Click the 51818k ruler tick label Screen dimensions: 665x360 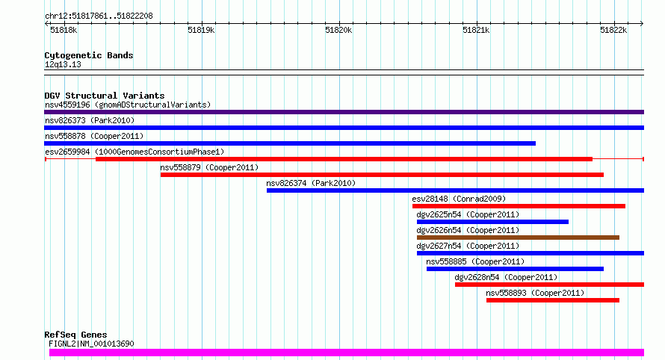tap(64, 30)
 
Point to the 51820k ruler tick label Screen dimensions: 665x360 tap(338, 30)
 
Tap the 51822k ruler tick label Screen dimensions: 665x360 tap(613, 30)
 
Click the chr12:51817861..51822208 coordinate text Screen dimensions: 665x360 tap(99, 16)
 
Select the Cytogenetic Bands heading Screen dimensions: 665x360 tap(89, 55)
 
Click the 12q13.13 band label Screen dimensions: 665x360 tap(63, 65)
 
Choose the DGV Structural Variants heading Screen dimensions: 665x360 tap(105, 96)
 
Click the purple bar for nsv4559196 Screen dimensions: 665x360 tap(344, 112)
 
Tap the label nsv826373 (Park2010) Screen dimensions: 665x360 tap(90, 120)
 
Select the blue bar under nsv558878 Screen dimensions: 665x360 tap(290, 143)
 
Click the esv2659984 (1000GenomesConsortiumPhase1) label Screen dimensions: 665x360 tap(134, 152)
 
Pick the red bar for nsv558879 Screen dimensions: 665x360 tap(382, 175)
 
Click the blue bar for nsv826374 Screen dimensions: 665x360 tap(456, 190)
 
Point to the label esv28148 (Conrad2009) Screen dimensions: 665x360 tap(459, 199)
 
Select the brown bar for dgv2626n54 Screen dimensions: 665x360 tap(519, 238)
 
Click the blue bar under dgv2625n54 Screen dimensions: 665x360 tap(493, 222)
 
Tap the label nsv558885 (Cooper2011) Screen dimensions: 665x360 tap(475, 261)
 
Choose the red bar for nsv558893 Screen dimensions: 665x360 tap(553, 300)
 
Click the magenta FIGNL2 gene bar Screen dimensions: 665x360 tap(347, 353)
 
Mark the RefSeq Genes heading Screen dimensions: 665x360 tap(75, 335)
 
